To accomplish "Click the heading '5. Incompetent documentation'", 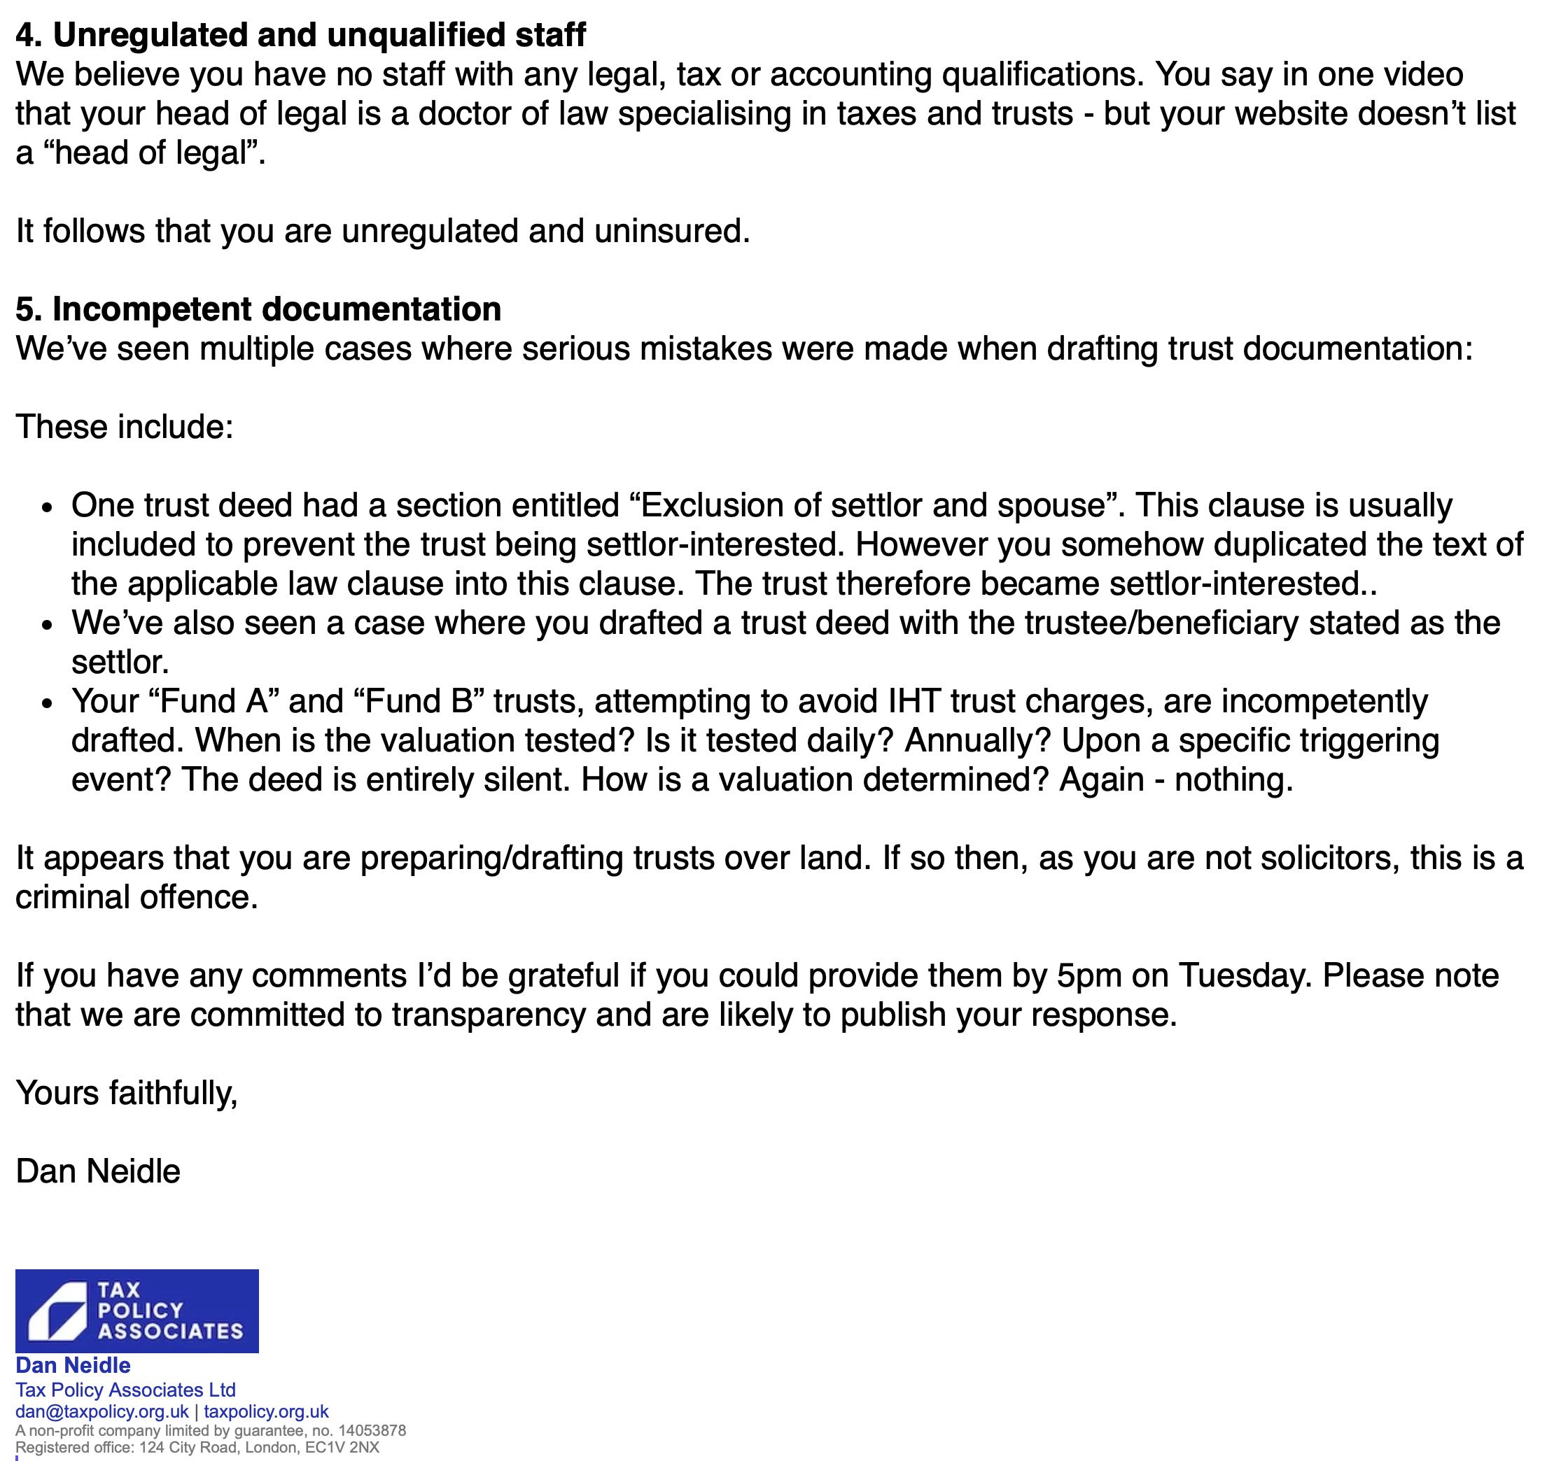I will (258, 309).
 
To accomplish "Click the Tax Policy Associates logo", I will (137, 1311).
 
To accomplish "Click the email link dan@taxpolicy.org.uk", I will (102, 1411).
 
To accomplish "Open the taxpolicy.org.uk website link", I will (267, 1411).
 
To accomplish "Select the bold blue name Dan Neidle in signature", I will (73, 1365).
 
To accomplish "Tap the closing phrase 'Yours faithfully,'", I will (126, 1093).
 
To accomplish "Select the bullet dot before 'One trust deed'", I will (48, 508).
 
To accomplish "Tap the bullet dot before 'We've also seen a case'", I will (48, 626).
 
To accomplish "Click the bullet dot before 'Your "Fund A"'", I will (48, 703).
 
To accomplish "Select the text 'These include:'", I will (125, 427).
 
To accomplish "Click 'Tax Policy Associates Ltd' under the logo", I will (125, 1390).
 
